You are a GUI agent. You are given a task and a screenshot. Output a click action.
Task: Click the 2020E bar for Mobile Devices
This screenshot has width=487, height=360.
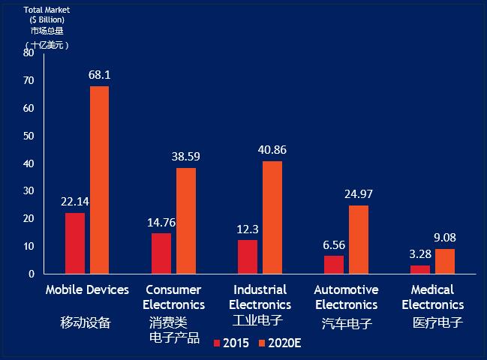tap(99, 180)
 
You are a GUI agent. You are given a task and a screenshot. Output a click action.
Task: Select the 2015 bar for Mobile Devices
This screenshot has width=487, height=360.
tap(75, 243)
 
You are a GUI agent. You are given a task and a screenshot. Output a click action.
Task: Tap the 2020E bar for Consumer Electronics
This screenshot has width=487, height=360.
tap(186, 220)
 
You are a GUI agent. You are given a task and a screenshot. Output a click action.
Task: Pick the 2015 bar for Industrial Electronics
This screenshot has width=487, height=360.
tap(248, 256)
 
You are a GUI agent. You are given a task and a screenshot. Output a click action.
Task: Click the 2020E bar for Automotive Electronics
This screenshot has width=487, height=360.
tap(359, 239)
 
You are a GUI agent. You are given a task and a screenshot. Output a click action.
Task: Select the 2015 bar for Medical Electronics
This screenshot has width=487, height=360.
tap(420, 269)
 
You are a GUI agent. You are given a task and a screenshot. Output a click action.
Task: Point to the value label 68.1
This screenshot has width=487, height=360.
tap(99, 75)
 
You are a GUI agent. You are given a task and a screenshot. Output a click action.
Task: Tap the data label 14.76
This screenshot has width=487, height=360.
tap(161, 222)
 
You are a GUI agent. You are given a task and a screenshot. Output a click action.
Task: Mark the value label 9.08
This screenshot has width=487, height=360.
tap(444, 238)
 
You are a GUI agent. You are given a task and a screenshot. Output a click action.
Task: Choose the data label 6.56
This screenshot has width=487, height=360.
tap(334, 244)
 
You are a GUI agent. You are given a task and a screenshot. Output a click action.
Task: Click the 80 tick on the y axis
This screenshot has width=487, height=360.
tap(29, 53)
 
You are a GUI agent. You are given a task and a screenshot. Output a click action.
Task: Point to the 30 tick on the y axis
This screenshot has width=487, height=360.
tap(29, 191)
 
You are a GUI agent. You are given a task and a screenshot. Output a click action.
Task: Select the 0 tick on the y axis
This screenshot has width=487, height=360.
tap(32, 274)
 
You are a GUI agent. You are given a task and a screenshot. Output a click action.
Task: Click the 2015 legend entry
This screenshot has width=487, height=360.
tap(231, 343)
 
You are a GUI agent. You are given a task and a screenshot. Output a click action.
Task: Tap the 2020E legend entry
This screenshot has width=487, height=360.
tap(279, 343)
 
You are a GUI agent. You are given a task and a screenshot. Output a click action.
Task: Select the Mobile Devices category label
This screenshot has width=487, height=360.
tap(87, 289)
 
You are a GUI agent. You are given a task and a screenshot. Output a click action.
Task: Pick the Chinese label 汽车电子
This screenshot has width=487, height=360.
tap(347, 323)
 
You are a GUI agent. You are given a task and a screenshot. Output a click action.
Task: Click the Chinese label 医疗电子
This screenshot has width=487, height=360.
tap(437, 323)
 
